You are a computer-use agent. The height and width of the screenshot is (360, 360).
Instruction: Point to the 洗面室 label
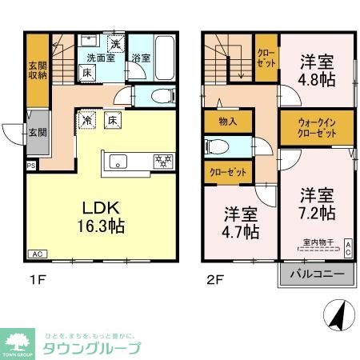102,58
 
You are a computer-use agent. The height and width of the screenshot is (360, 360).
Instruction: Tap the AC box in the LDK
37,254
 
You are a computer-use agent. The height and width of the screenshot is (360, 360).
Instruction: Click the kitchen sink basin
121,162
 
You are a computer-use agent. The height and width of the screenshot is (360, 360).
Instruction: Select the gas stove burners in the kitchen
162,162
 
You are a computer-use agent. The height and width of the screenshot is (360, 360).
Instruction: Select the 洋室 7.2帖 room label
318,204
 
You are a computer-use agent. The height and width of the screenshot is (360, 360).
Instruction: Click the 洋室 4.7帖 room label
240,223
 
